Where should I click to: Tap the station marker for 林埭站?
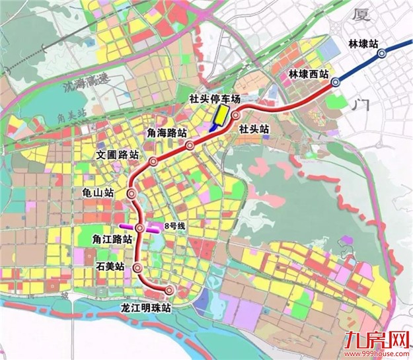click(x=381, y=55)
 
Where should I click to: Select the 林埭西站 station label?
click(x=309, y=75)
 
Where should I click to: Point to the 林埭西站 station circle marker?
click(x=336, y=82)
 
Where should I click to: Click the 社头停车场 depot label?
click(x=215, y=99)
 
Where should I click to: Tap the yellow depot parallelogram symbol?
click(x=218, y=118)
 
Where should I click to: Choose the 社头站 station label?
click(x=254, y=128)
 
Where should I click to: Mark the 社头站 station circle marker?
click(x=235, y=115)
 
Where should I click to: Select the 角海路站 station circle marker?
click(x=190, y=145)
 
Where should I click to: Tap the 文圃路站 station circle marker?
click(x=153, y=161)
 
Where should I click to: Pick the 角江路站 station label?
click(x=114, y=240)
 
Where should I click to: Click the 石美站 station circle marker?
click(x=137, y=268)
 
